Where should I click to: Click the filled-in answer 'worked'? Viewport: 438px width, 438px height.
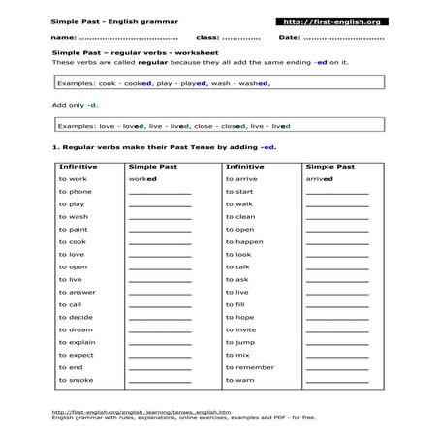coord(142,179)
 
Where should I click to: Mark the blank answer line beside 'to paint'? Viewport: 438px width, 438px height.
coord(159,231)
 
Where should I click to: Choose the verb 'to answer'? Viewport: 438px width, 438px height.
coord(77,292)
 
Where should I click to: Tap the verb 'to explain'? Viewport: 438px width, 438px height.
coord(77,342)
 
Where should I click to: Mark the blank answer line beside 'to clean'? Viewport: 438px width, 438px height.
coord(336,218)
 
